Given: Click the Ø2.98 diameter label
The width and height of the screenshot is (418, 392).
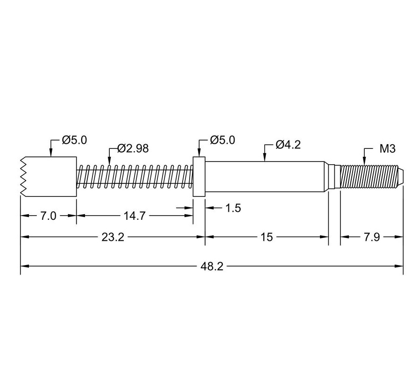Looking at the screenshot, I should [133, 148].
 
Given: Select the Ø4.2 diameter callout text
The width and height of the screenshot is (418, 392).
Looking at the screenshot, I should [288, 145].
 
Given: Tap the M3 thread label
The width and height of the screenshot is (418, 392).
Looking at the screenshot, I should [387, 149].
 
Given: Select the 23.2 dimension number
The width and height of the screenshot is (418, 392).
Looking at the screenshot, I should [113, 237].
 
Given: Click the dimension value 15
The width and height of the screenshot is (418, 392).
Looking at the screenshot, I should [266, 237].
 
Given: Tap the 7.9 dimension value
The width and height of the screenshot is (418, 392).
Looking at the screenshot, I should [371, 237].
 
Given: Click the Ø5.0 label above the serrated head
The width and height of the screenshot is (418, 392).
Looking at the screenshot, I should [74, 140].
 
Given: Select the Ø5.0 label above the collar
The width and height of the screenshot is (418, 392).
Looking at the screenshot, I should [222, 140].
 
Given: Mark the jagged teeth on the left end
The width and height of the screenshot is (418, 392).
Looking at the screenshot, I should [23, 176].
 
